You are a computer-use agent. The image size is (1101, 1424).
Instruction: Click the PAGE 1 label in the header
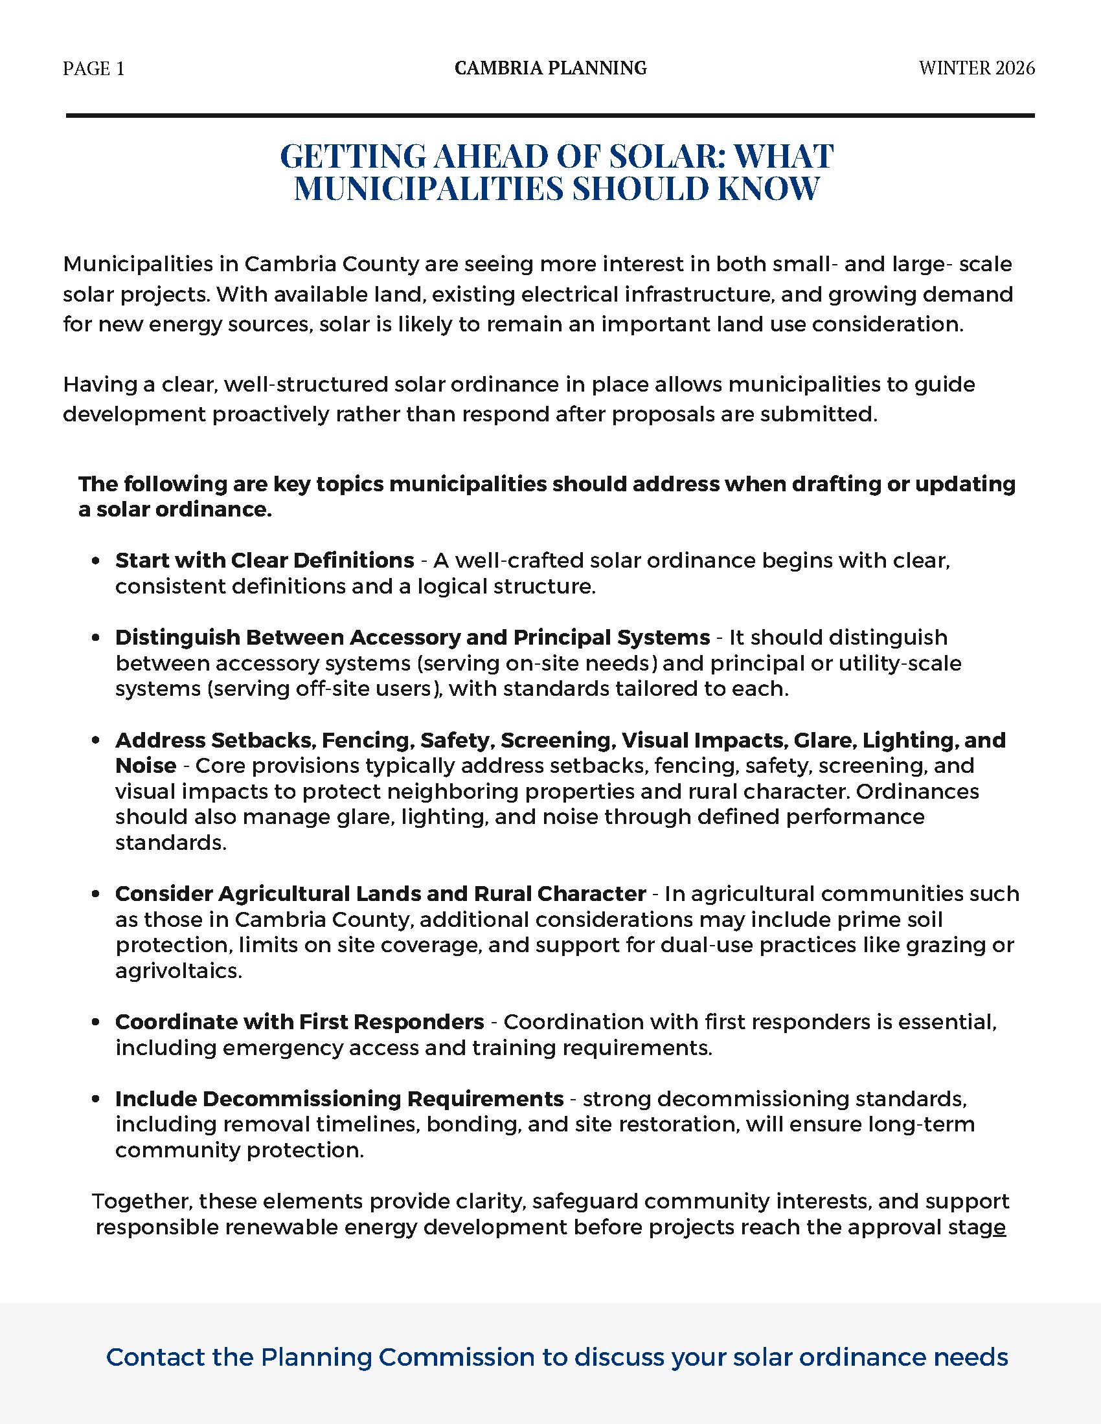coord(93,69)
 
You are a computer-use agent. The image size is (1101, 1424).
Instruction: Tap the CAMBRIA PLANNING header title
coord(550,68)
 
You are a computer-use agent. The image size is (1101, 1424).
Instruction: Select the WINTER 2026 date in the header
coord(977,68)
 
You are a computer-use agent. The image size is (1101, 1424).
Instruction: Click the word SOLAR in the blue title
coord(666,157)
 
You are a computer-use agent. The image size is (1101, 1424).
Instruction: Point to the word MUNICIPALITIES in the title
coord(429,189)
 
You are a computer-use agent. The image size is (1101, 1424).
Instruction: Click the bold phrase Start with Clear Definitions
coord(265,560)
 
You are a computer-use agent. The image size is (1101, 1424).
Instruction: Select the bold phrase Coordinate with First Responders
coord(299,1021)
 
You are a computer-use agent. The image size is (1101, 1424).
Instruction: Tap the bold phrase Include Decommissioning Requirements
coord(339,1098)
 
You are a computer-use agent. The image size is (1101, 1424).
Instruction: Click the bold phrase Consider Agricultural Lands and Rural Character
coord(380,893)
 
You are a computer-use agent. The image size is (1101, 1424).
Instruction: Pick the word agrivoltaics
coord(178,971)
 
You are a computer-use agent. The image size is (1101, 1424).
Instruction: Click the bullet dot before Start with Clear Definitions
coord(96,561)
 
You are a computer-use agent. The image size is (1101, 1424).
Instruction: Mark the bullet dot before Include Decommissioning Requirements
coord(96,1099)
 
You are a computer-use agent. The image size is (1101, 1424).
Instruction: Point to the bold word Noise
coord(146,766)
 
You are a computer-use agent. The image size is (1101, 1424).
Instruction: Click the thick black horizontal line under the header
coord(550,115)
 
